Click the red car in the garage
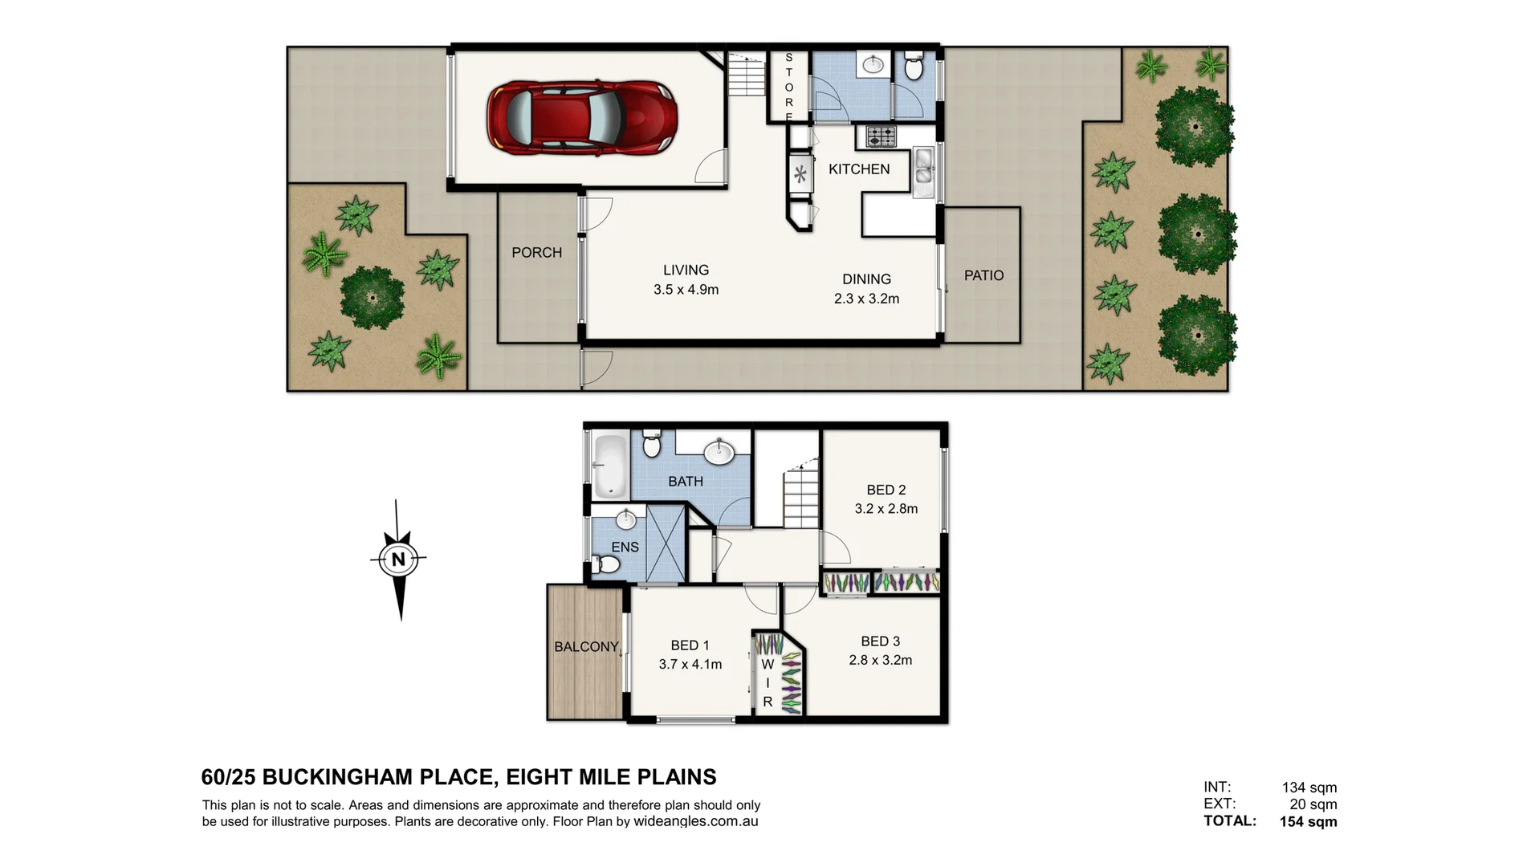click(582, 117)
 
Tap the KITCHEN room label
click(859, 169)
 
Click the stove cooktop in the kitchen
click(880, 137)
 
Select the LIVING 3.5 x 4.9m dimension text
click(686, 290)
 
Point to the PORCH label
click(536, 253)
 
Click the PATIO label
click(983, 275)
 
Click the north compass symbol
click(399, 559)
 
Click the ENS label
click(625, 547)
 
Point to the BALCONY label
click(586, 647)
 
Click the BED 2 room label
click(886, 490)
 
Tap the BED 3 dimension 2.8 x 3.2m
click(880, 661)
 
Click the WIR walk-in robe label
click(768, 682)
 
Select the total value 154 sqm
click(1308, 821)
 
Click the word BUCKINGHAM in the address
click(377, 777)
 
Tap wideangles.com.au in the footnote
click(695, 821)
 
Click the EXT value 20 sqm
click(1313, 804)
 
